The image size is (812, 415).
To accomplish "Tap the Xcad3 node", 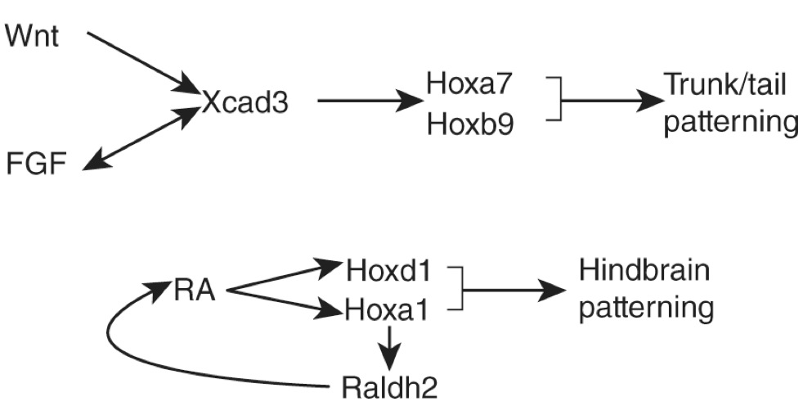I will tap(246, 104).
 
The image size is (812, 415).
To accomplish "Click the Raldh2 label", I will tap(389, 384).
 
